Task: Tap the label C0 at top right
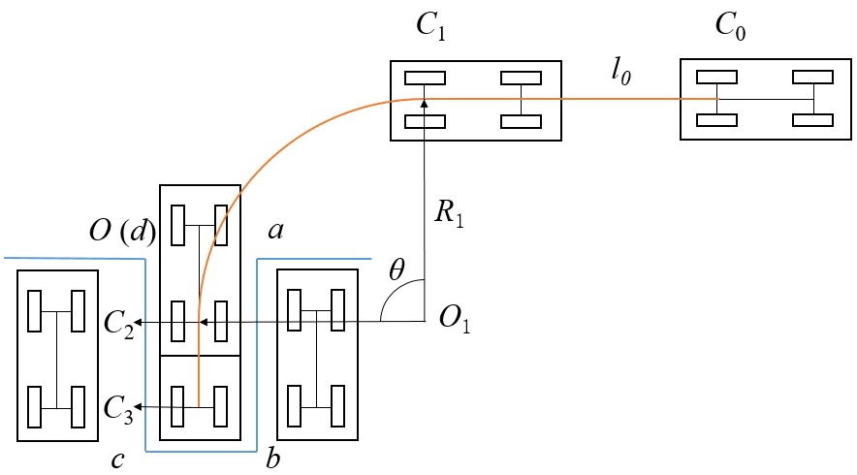coord(732,28)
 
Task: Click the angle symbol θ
coord(396,270)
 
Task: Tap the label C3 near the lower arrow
coord(118,406)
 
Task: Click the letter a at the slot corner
coord(274,230)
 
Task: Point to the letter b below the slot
coord(272,459)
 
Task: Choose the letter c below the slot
coord(116,459)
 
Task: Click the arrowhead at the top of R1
coord(425,97)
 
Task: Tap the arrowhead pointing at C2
coord(140,322)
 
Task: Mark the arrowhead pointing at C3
coord(140,406)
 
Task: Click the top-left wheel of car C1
coord(425,79)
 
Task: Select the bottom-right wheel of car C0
coord(812,120)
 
